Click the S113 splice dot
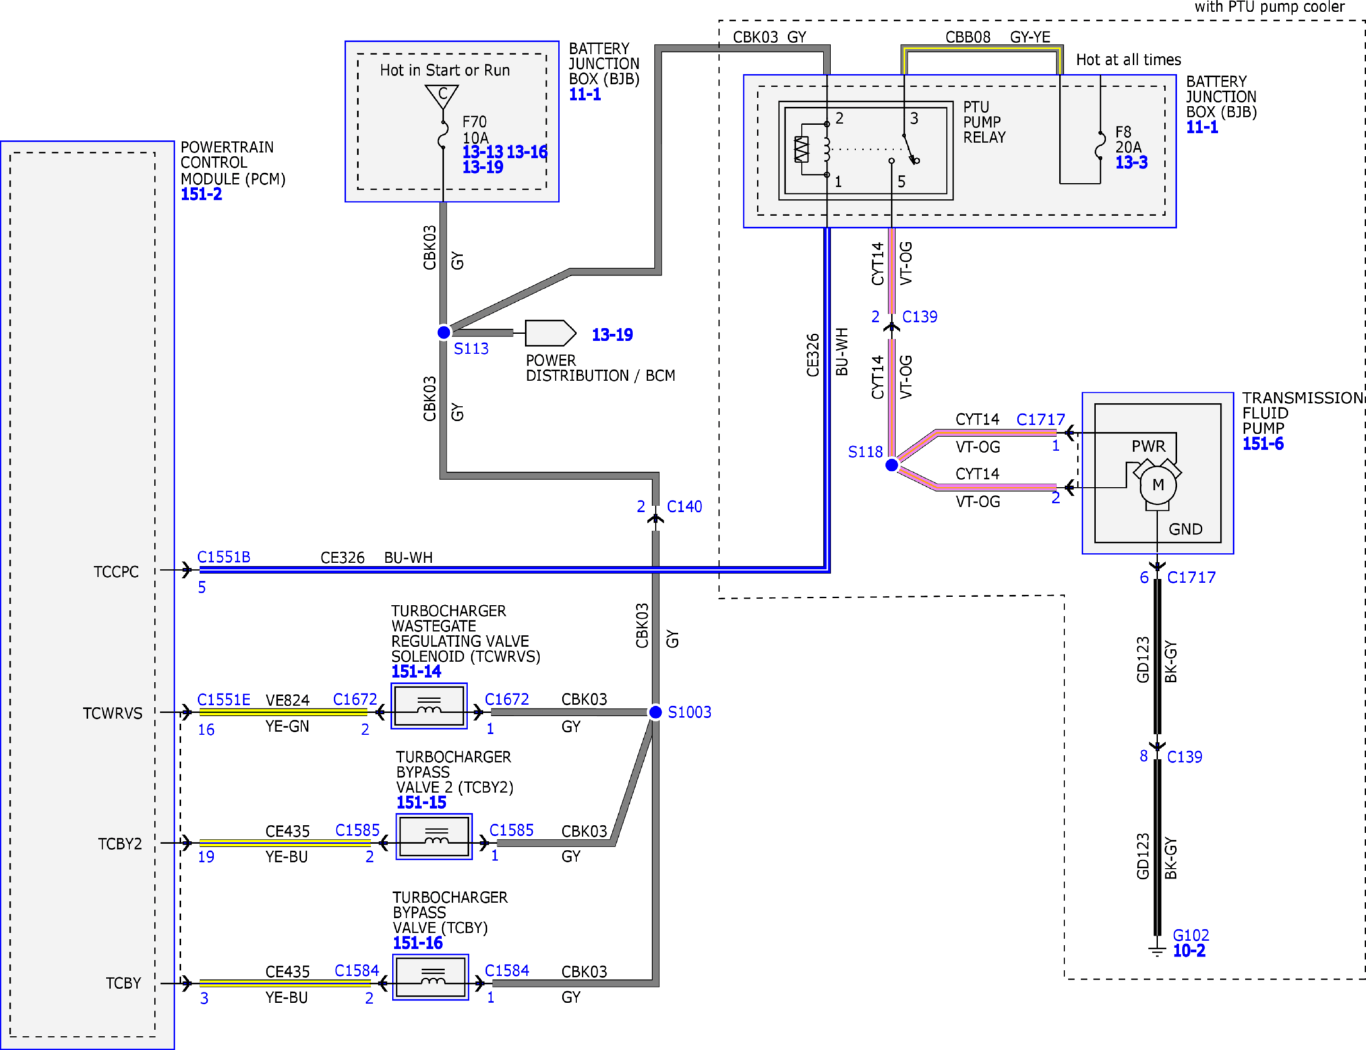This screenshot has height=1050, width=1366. point(443,332)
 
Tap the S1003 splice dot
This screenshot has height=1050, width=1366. point(655,712)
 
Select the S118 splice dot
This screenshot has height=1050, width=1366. point(891,465)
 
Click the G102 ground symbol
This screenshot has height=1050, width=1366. point(1157,949)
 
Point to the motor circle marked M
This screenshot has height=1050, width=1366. point(1158,485)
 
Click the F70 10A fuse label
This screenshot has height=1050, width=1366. point(475,130)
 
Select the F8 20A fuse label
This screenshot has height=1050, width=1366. point(1128,139)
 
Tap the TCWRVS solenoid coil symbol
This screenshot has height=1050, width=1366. point(429,706)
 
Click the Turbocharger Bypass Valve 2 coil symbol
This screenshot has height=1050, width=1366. point(434,836)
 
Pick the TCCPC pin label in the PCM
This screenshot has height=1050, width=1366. point(116,572)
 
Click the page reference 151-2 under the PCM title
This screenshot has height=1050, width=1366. point(201,194)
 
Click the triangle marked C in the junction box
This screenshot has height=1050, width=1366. point(442,96)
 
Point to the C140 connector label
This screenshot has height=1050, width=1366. point(684,507)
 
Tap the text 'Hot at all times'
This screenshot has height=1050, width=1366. point(1128,60)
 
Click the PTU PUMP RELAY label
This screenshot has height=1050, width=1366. point(984,122)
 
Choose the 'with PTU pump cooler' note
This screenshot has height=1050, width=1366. point(1269,7)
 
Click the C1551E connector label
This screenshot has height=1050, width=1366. point(223,699)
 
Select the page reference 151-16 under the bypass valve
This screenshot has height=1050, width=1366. point(417,943)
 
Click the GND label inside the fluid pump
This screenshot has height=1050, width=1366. point(1185,529)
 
